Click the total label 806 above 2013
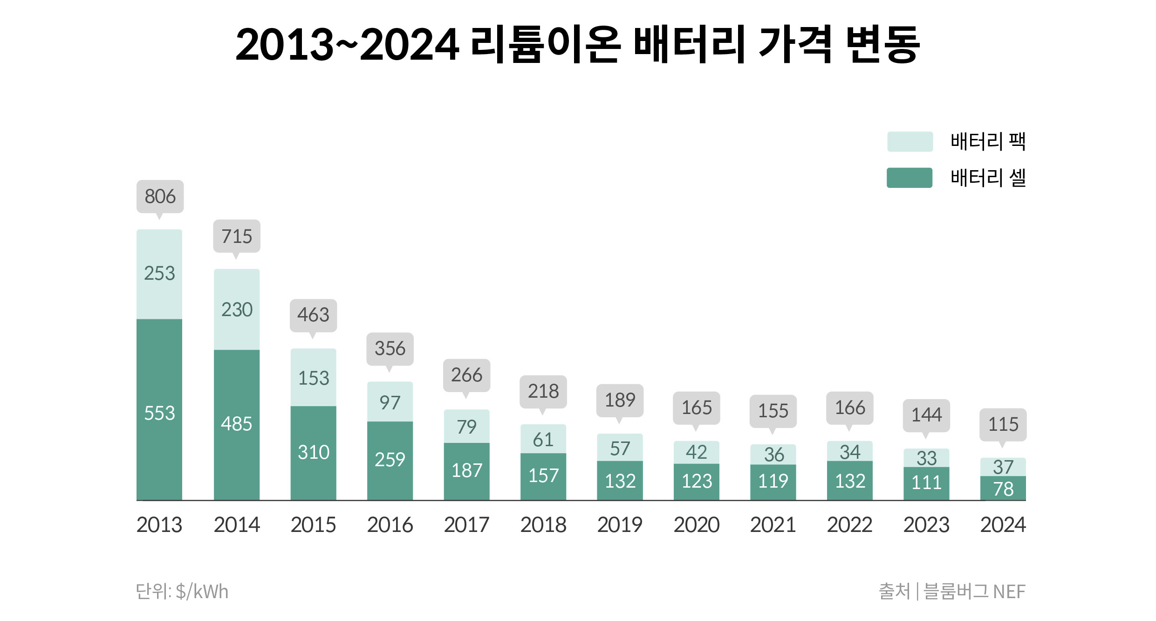point(160,197)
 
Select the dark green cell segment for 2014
point(237,424)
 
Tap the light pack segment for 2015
point(313,378)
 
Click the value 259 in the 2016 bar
point(390,460)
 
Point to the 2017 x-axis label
point(466,525)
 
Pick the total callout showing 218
point(543,392)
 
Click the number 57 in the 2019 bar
point(620,448)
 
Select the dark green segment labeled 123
point(697,481)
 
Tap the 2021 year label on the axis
point(773,525)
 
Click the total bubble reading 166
point(850,408)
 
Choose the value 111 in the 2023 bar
point(926,483)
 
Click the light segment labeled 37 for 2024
point(1003,467)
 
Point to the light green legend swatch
point(910,142)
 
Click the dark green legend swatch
point(910,178)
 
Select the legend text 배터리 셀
point(988,178)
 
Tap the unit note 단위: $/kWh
point(182,592)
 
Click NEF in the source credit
point(1009,592)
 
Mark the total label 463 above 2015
point(313,315)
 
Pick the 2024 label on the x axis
point(1003,525)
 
